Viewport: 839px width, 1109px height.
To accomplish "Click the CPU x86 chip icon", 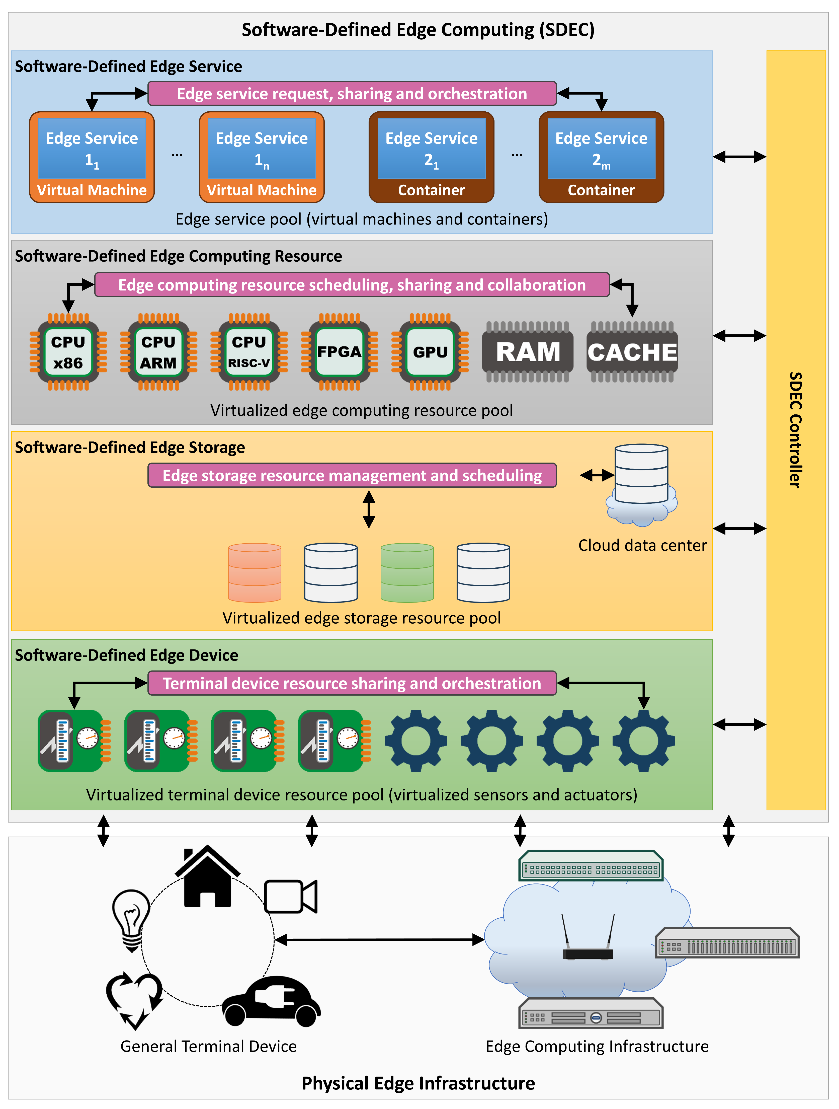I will tap(68, 352).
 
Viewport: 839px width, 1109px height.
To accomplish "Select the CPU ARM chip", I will tap(158, 352).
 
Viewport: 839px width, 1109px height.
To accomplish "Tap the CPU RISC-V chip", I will tap(249, 352).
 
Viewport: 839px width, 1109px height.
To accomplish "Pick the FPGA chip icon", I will tap(339, 352).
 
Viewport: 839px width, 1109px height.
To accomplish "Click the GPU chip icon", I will tap(430, 352).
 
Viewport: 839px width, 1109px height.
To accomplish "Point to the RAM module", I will tap(528, 352).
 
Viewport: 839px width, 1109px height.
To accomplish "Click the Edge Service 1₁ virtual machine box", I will tap(92, 157).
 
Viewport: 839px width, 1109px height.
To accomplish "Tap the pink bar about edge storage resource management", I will tap(352, 475).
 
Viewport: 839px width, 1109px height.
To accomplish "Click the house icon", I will tap(207, 877).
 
